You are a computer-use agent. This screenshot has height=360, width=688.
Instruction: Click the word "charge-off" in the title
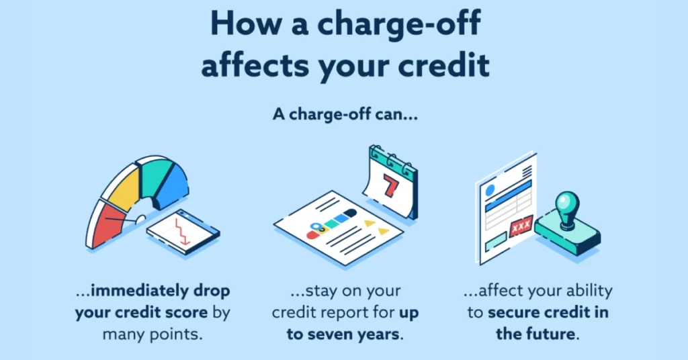point(399,24)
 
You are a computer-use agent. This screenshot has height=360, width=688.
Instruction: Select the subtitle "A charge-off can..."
point(345,114)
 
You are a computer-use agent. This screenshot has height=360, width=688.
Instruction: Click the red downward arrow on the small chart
point(182,230)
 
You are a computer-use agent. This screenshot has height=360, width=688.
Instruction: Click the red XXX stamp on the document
point(521,226)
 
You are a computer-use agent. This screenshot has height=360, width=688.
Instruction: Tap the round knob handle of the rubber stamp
point(567,204)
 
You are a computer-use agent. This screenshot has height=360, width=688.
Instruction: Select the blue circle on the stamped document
point(490,190)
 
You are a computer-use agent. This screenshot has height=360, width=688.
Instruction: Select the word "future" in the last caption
point(551,334)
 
